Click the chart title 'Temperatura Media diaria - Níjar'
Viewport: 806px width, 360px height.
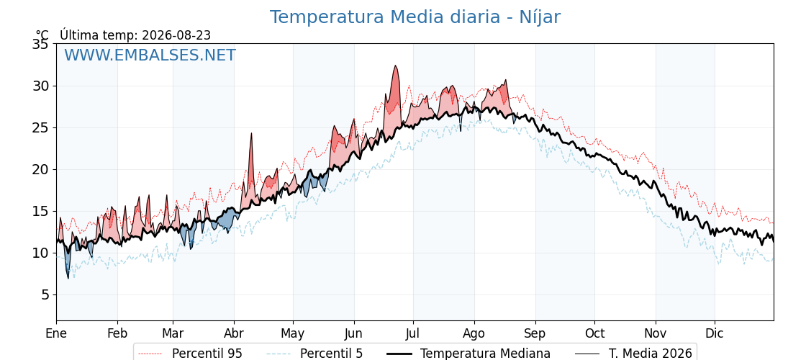(415, 17)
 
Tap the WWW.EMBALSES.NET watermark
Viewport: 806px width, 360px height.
(150, 55)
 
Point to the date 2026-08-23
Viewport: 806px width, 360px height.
(176, 35)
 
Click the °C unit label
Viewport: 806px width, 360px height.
(42, 35)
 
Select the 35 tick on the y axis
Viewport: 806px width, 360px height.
(40, 44)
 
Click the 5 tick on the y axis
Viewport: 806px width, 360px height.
(45, 294)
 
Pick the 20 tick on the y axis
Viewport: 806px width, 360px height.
(40, 170)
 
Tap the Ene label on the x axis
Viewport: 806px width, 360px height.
(56, 333)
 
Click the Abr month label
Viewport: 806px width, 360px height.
(234, 333)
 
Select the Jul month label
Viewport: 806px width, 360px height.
(413, 333)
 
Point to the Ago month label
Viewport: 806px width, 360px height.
(474, 334)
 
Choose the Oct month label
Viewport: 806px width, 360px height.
(594, 333)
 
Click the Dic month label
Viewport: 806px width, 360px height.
(715, 333)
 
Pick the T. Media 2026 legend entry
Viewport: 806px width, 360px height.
(634, 354)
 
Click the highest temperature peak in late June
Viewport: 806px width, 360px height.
(395, 66)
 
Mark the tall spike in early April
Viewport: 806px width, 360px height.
(251, 133)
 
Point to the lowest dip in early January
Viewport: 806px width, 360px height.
(68, 278)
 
